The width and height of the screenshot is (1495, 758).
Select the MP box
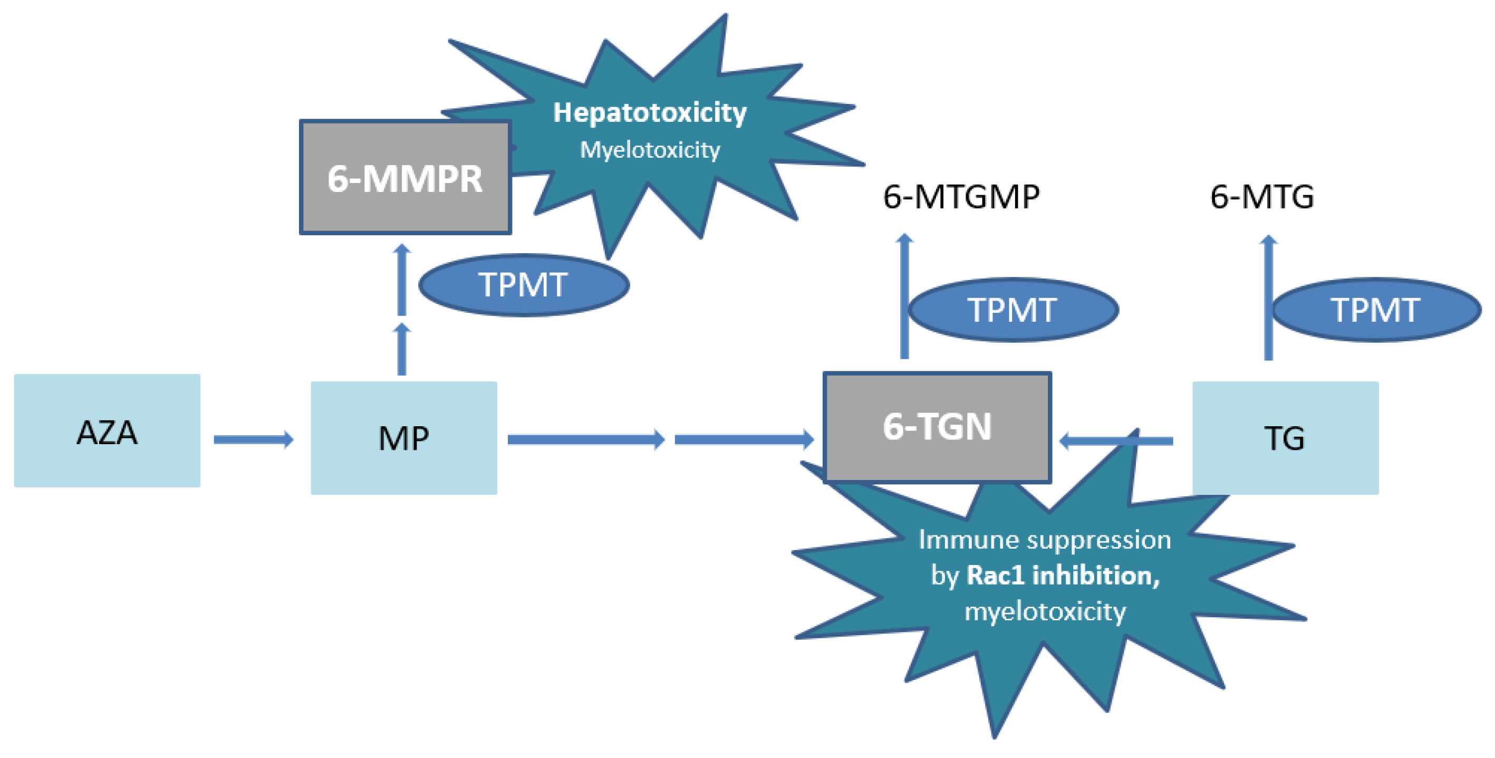click(x=403, y=438)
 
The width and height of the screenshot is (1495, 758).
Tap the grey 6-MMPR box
click(x=404, y=178)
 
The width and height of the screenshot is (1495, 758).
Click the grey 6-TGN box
click(x=937, y=427)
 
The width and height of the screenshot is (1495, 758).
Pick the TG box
click(x=1285, y=438)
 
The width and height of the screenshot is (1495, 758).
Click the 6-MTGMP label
click(x=960, y=197)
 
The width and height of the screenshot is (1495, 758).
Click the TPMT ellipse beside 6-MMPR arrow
click(x=524, y=285)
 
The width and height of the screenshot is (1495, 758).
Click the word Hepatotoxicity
click(x=650, y=112)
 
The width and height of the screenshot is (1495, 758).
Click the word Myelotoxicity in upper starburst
click(x=650, y=150)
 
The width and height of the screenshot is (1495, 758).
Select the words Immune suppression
click(x=1044, y=540)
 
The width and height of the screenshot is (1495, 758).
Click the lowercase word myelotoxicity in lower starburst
click(x=1044, y=612)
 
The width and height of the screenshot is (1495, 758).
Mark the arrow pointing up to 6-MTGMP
click(x=904, y=296)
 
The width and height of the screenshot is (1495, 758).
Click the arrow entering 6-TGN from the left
click(x=743, y=439)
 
